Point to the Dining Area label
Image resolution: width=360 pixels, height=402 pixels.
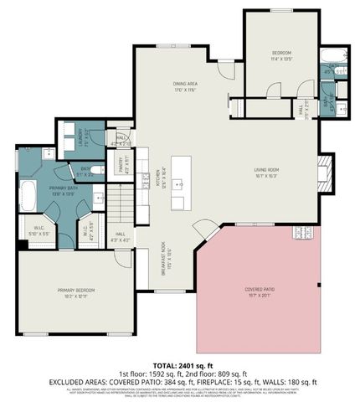pyautogui.click(x=185, y=85)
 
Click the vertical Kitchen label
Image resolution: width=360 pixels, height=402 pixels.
pyautogui.click(x=157, y=178)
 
